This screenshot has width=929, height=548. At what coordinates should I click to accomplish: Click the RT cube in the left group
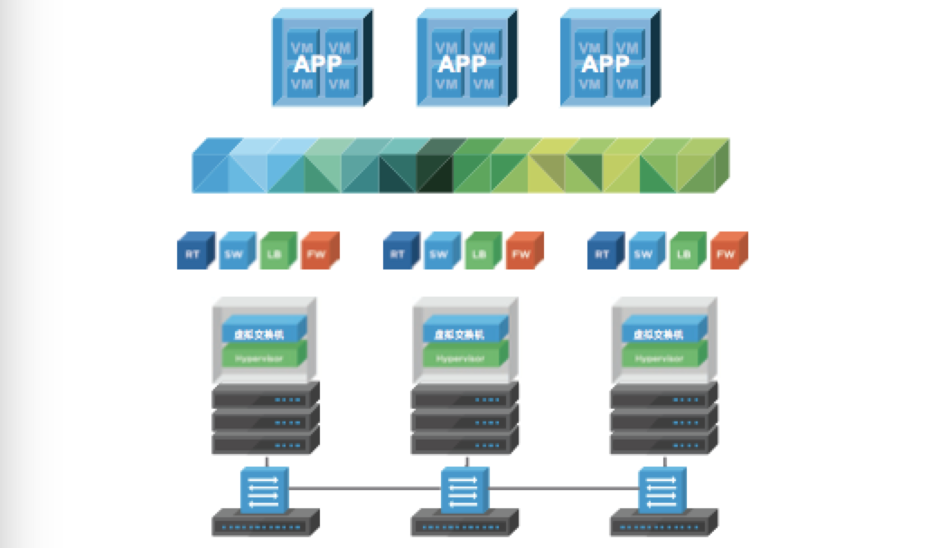pyautogui.click(x=193, y=253)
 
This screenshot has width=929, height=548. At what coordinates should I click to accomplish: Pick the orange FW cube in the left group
pyautogui.click(x=318, y=253)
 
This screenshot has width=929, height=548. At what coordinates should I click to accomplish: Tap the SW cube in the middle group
pyautogui.click(x=440, y=253)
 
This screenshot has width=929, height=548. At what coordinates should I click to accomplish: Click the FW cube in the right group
pyautogui.click(x=727, y=253)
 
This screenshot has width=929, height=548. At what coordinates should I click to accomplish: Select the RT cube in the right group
pyautogui.click(x=602, y=253)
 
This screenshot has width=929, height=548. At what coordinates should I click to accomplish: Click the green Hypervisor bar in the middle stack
pyautogui.click(x=462, y=358)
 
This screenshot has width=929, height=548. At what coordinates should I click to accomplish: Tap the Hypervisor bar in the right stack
pyautogui.click(x=662, y=358)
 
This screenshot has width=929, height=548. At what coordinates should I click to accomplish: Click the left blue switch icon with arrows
pyautogui.click(x=264, y=490)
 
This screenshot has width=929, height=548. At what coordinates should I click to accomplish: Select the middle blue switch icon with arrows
pyautogui.click(x=464, y=490)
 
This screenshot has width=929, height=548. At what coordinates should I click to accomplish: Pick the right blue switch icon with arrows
pyautogui.click(x=662, y=490)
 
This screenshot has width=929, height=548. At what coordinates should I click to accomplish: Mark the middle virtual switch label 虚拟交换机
pyautogui.click(x=462, y=333)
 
